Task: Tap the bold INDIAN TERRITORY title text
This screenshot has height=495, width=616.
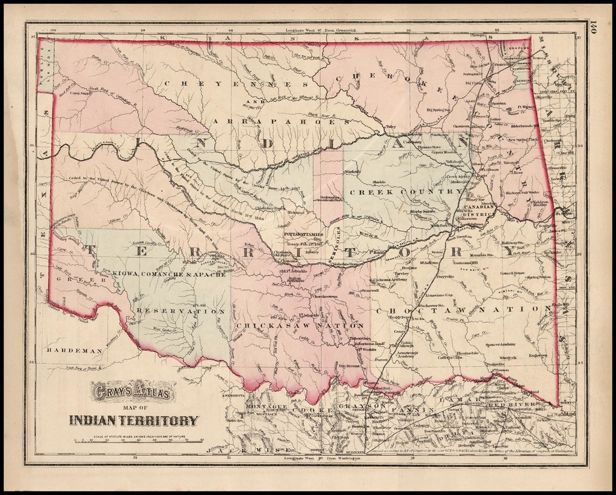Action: [133, 421]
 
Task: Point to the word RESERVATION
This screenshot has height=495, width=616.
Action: [180, 312]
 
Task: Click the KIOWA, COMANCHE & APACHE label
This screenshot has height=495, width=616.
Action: [168, 274]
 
